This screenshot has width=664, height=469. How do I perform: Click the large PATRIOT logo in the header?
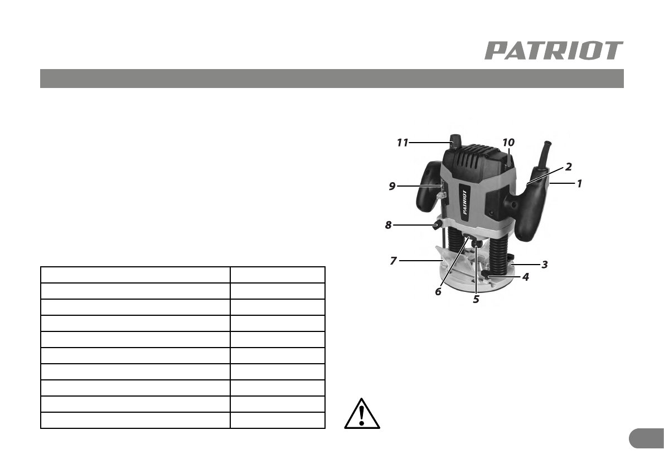[554, 51]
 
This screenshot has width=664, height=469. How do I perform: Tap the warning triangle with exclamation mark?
[362, 413]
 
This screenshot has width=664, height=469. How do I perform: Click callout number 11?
[403, 143]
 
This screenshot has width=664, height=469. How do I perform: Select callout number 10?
[508, 143]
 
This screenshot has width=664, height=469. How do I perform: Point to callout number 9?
[392, 186]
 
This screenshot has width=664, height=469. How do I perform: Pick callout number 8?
[389, 226]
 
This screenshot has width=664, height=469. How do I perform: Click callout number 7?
[394, 261]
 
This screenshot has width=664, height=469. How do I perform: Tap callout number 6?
[438, 291]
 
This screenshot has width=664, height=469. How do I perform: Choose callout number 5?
[476, 300]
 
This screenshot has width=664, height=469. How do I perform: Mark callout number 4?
[526, 277]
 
